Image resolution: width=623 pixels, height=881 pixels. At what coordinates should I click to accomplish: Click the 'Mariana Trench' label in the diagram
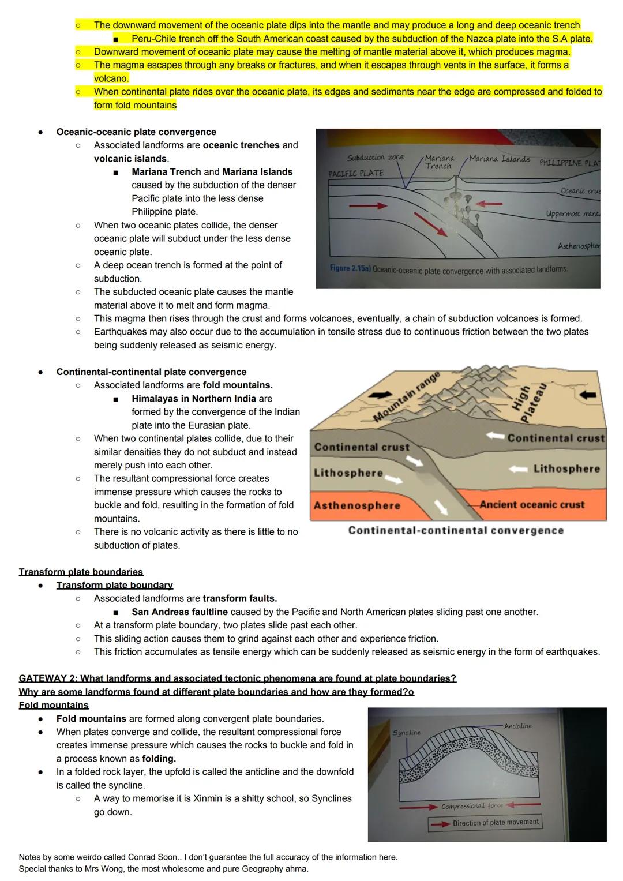(x=439, y=162)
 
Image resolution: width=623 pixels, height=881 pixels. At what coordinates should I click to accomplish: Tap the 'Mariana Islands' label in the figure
(x=500, y=159)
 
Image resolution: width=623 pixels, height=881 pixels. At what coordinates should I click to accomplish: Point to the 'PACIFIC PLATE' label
(x=356, y=173)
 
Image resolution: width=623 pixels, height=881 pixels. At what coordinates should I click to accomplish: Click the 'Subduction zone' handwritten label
(x=376, y=157)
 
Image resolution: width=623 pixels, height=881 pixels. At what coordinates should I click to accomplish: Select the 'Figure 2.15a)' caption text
(x=350, y=269)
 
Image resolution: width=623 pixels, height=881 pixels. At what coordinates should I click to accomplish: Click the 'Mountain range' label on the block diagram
(x=406, y=397)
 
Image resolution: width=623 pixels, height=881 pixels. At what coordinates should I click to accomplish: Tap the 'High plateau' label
(x=528, y=396)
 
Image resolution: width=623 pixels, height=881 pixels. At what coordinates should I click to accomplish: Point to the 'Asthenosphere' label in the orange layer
(x=356, y=505)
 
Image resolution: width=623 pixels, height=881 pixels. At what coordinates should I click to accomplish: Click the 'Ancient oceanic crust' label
(x=532, y=504)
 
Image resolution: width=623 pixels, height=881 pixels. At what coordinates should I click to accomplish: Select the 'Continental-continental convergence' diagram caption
(x=456, y=530)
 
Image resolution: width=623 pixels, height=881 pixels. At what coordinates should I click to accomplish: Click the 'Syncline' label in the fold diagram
(x=406, y=732)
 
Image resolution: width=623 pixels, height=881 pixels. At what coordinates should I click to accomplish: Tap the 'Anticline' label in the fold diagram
(x=517, y=726)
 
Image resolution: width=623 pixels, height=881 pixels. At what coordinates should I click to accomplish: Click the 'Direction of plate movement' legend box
(x=485, y=823)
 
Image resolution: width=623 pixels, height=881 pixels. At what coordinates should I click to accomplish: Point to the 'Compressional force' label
(x=472, y=806)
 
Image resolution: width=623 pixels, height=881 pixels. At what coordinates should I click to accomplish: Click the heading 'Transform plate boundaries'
(x=81, y=572)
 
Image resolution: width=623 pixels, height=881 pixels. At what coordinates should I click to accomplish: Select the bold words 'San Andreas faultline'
(x=179, y=612)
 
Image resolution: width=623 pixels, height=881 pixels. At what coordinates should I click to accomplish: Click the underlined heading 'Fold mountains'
(x=54, y=705)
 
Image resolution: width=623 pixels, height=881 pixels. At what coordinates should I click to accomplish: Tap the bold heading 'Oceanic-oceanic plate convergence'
(x=136, y=132)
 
